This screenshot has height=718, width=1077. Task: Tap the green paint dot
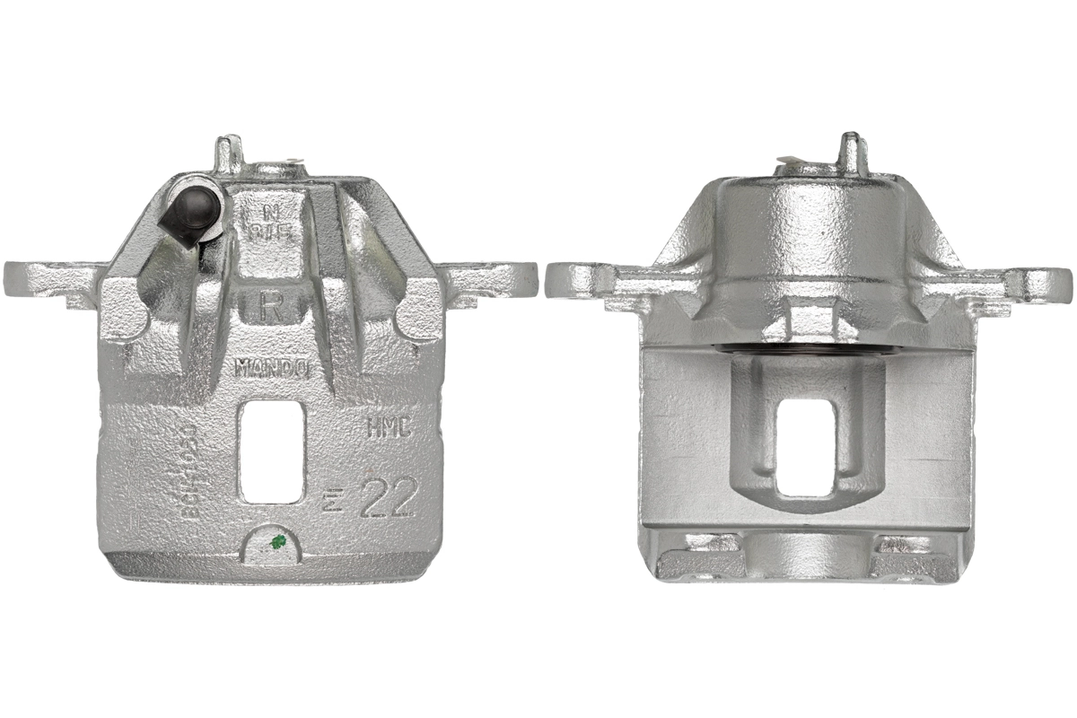coord(278,541)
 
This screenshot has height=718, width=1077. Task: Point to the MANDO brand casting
coord(272,367)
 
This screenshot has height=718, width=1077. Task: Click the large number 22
coord(387,501)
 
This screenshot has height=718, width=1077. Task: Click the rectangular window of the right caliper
coord(807,446)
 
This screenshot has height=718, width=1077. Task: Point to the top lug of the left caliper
coord(228,152)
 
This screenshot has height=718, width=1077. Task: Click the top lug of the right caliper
coord(850,152)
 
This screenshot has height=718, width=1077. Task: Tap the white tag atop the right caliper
coord(789,163)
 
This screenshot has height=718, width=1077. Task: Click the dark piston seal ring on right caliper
coord(807,346)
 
